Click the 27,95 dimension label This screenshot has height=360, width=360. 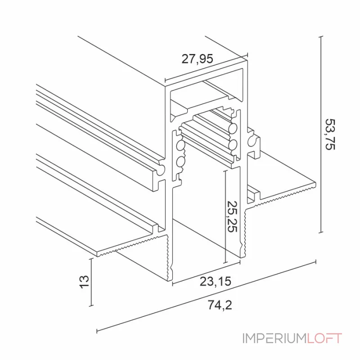(x=197, y=58)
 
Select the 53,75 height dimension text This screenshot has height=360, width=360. (x=330, y=135)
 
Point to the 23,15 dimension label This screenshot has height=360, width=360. (x=215, y=282)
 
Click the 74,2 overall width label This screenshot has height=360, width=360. (x=220, y=305)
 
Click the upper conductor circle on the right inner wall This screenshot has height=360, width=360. (x=233, y=128)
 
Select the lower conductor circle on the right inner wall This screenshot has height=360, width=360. (x=233, y=144)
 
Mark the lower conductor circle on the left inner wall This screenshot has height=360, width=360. (x=180, y=162)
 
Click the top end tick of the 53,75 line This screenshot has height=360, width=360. (x=320, y=37)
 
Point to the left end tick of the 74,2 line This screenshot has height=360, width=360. (x=97, y=331)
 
